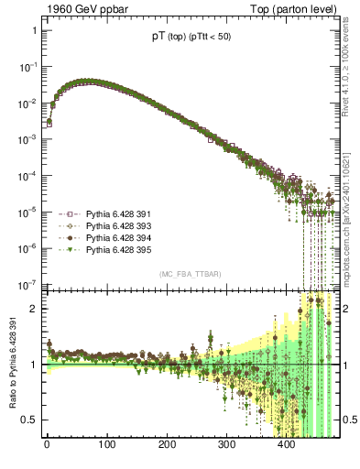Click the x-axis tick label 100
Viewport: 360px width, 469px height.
coord(106,445)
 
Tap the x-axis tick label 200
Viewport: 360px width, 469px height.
coord(167,445)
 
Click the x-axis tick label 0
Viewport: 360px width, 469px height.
coord(47,445)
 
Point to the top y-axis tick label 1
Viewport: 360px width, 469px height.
coord(34,30)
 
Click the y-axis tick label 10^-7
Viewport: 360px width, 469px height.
coord(27,284)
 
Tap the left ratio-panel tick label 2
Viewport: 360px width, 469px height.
coord(34,309)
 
